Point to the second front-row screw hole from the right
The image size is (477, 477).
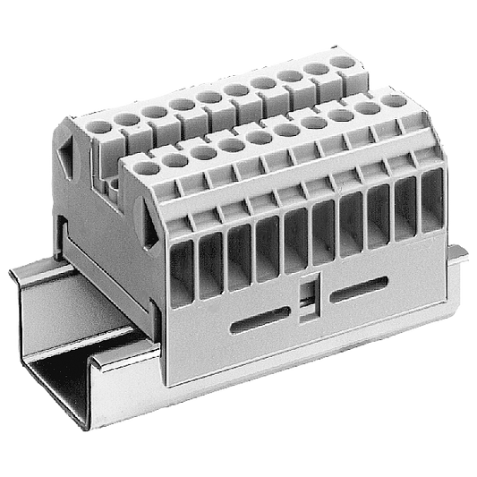(x=364, y=112)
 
